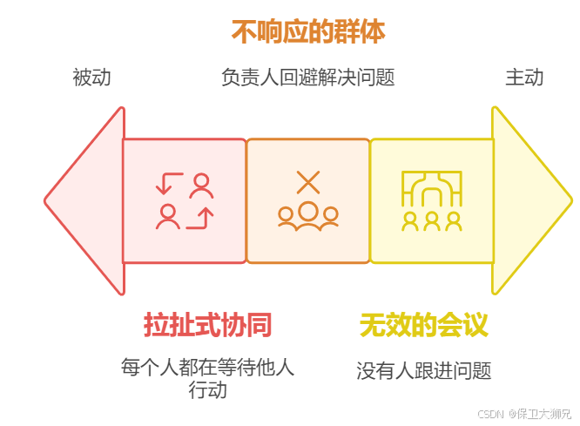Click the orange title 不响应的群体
coord(307,31)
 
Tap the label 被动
coord(91,77)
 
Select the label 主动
coord(524,77)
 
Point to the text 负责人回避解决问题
coord(307,77)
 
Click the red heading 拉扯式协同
coord(207,325)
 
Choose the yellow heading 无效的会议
coord(423,325)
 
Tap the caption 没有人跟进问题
coord(423,370)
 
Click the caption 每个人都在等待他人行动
coord(207,377)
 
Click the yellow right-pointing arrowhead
coord(531,200)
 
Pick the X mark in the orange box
coord(307,182)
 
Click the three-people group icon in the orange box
coord(307,216)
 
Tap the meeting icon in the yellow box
coord(432,200)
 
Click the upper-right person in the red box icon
coord(202,185)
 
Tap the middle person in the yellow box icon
coord(432,220)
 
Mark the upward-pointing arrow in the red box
coord(204,218)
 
